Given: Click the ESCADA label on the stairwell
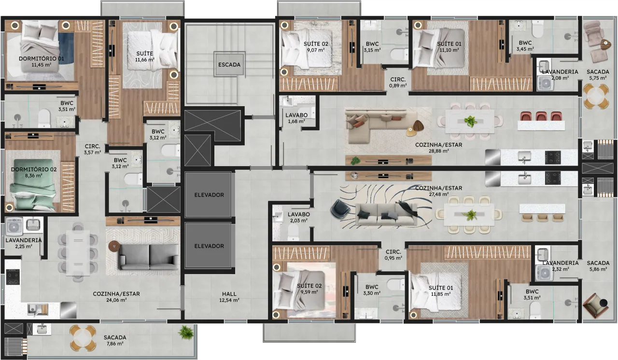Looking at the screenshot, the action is pyautogui.click(x=229, y=65).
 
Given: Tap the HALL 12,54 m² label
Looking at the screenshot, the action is pyautogui.click(x=229, y=297).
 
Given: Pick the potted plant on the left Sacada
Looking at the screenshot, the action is pyautogui.click(x=186, y=332).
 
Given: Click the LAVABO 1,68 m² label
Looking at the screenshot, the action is pyautogui.click(x=296, y=118).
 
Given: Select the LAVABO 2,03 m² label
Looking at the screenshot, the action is pyautogui.click(x=299, y=217).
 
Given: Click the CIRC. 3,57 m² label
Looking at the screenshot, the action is pyautogui.click(x=92, y=150).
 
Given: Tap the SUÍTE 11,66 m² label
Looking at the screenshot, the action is pyautogui.click(x=145, y=56).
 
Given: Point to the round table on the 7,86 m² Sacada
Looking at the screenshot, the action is pyautogui.click(x=83, y=338).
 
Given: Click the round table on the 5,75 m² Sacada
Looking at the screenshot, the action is pyautogui.click(x=596, y=97).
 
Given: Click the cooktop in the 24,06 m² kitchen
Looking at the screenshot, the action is pyautogui.click(x=13, y=277).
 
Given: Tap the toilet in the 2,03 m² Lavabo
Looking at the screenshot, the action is pyautogui.click(x=293, y=232).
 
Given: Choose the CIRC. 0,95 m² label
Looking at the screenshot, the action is pyautogui.click(x=393, y=255).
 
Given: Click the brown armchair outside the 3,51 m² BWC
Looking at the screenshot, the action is pyautogui.click(x=595, y=305).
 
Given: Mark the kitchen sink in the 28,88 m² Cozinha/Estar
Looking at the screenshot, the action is pyautogui.click(x=525, y=157).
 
